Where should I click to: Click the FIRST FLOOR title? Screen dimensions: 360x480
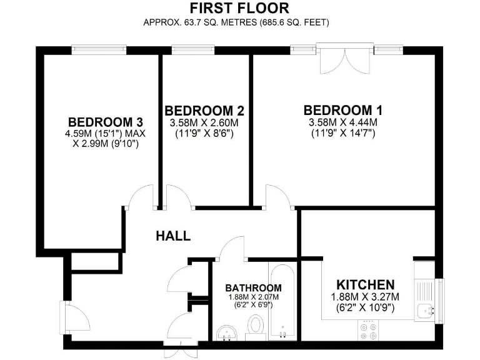coord(239,8)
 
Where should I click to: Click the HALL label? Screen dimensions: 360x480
coord(173,236)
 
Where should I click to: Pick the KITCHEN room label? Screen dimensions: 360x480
coord(366,284)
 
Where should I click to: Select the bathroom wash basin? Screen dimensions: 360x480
coord(225,331)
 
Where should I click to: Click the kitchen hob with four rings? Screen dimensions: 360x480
coord(367,330)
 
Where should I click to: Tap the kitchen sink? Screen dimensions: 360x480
coord(427,309)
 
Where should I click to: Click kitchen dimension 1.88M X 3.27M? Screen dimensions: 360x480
coord(366,297)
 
